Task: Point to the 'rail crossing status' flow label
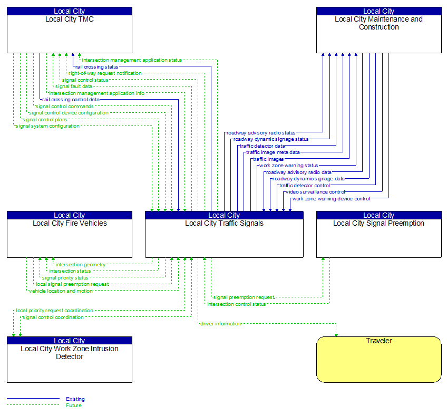point(96,67)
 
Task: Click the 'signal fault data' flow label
point(73,86)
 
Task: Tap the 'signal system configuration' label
point(47,126)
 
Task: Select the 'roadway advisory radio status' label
point(261,133)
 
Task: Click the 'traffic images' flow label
point(268,159)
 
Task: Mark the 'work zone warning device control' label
point(331,199)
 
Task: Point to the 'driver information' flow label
point(220,324)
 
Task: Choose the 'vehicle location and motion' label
point(61,291)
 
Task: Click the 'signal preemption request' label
point(244,297)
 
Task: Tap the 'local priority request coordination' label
point(54,311)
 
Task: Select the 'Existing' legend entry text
point(75,399)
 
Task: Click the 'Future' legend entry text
point(74,406)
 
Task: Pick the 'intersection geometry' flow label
point(80,265)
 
